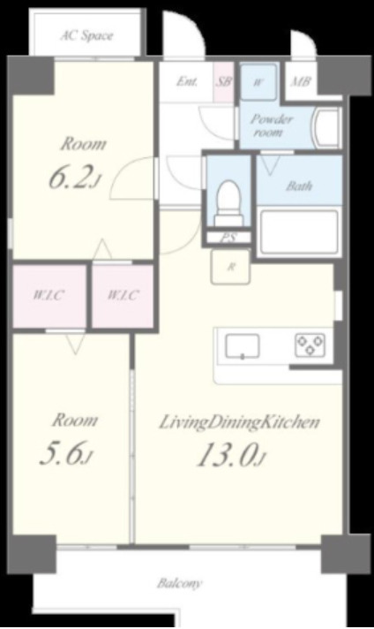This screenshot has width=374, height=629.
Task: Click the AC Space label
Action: [x=86, y=36]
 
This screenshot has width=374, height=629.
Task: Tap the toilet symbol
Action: [x=229, y=203]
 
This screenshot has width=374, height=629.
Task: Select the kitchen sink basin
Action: [x=242, y=346]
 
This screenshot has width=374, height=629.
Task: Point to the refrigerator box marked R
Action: [x=230, y=267]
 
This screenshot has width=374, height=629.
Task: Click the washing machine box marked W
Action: [x=258, y=82]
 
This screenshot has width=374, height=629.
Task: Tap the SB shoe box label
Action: [x=223, y=81]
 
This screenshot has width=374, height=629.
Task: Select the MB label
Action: [x=300, y=81]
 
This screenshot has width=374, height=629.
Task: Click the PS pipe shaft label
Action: [x=228, y=238]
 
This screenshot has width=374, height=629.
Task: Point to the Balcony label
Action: [x=179, y=583]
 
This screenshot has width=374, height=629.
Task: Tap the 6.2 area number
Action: [x=73, y=178]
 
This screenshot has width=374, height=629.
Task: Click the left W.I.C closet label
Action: [x=48, y=295]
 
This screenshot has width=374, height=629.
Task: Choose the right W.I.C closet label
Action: [x=123, y=295]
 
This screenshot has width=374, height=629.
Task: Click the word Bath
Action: [x=299, y=186]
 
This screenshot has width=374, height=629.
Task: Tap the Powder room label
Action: [x=271, y=125]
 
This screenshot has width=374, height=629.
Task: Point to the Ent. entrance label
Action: [x=187, y=81]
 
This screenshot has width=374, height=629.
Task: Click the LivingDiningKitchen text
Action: [x=239, y=422]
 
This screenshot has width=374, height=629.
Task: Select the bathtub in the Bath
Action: [x=299, y=231]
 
